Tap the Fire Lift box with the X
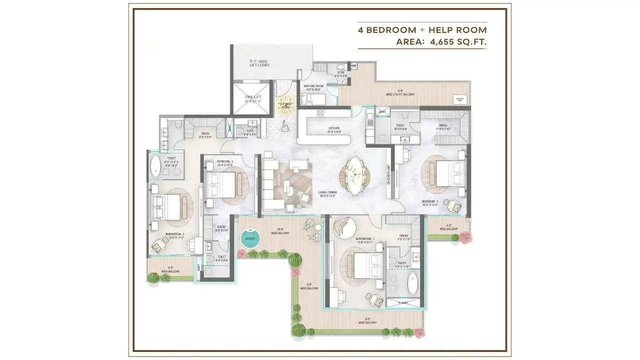point(253,97)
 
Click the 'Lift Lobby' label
point(259,64)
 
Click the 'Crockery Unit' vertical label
point(388,175)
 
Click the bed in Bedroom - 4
point(220,183)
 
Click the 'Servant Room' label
point(313,86)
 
